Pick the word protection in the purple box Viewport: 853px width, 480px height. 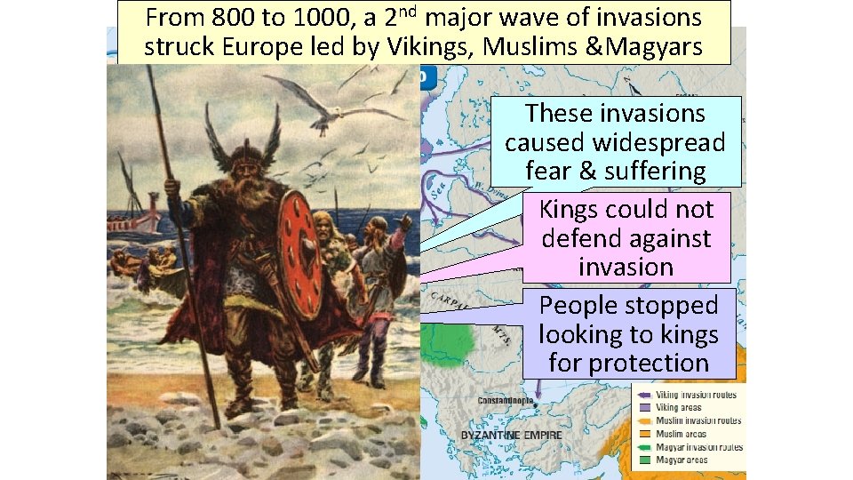(x=628, y=363)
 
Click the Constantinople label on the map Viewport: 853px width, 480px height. (x=506, y=401)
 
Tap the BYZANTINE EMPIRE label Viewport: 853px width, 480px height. (x=510, y=435)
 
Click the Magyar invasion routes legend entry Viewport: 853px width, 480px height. (x=698, y=447)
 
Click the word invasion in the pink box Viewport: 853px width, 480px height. (x=626, y=267)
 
